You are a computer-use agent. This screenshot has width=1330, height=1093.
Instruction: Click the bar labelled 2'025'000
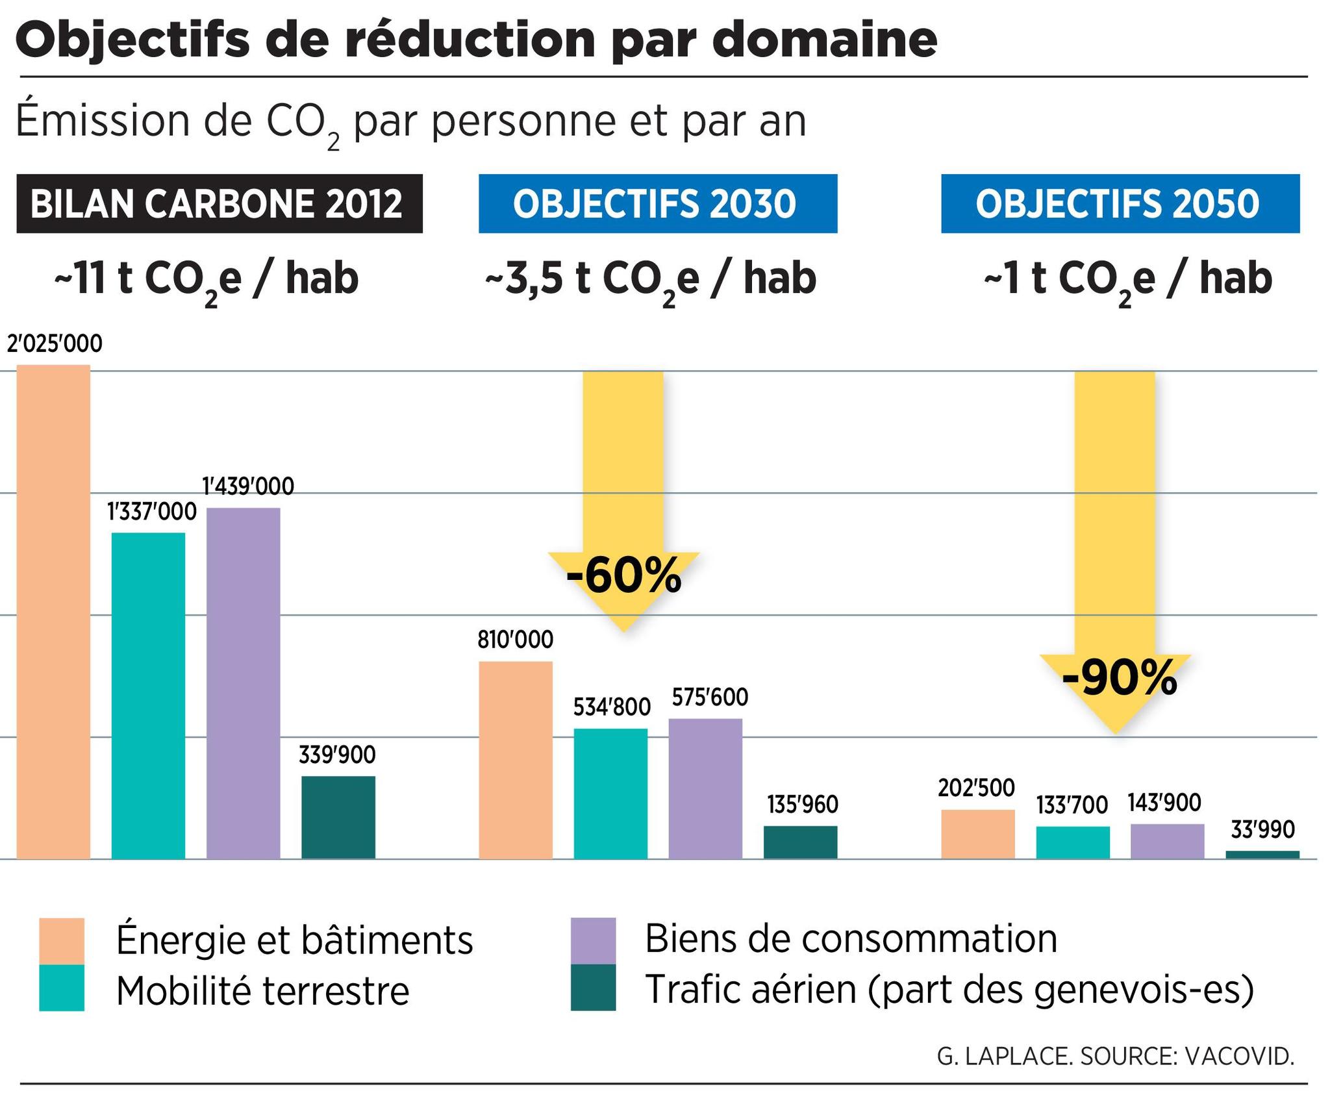pos(53,610)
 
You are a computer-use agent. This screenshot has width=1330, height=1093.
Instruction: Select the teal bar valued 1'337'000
pos(148,695)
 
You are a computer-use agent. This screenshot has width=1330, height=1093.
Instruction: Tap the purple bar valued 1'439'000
pos(244,682)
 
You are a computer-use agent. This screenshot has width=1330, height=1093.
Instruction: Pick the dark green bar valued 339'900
pos(338,817)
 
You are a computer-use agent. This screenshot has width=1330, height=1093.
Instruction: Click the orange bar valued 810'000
pos(516,760)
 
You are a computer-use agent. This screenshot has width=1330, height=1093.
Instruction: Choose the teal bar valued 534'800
pos(610,794)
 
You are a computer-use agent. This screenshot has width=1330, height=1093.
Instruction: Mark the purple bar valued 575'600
pos(705,788)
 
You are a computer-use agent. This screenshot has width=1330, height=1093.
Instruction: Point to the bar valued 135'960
pos(800,842)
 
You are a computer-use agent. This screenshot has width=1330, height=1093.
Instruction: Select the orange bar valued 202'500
pos(977,834)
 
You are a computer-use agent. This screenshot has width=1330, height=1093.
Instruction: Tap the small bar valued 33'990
pos(1262,855)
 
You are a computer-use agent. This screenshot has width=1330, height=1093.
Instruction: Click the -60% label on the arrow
pos(623,577)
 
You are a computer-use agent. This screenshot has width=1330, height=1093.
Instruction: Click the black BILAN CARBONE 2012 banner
pos(219,203)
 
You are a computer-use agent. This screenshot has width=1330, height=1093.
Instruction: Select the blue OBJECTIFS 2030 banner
pos(657,203)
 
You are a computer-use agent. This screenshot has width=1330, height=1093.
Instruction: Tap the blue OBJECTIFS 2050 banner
pos(1120,203)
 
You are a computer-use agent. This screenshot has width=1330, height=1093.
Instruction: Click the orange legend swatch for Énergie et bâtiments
pos(62,940)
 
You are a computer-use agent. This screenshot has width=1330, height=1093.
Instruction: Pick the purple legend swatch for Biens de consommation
pos(593,940)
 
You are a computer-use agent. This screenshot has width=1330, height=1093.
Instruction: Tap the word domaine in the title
pos(824,40)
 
